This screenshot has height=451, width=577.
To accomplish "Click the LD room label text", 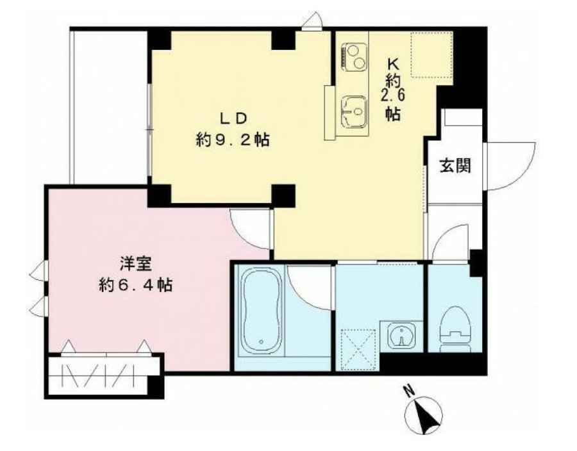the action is [x=233, y=119].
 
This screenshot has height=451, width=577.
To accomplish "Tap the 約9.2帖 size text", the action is [x=233, y=140].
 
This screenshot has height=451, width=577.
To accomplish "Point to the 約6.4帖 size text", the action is [x=135, y=285].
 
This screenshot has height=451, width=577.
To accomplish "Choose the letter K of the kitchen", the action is [x=394, y=65].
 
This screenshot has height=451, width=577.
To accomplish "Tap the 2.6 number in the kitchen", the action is [x=394, y=95].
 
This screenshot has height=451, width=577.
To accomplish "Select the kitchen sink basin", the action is [x=354, y=111].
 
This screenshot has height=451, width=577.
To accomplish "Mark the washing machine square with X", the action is [x=358, y=349].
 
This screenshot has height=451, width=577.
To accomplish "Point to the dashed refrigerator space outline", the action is [x=431, y=54].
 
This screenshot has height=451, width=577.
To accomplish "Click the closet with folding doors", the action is [x=105, y=375].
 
